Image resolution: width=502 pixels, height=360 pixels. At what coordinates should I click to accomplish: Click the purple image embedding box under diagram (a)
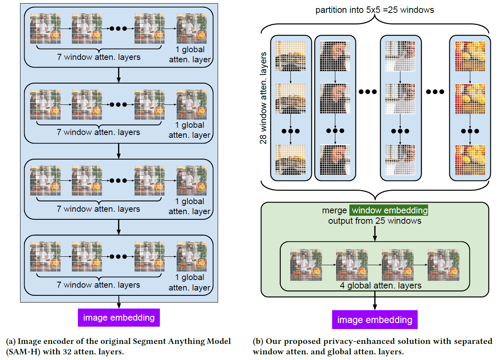coord(119,317)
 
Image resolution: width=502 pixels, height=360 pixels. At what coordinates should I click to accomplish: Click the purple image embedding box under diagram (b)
coord(374,320)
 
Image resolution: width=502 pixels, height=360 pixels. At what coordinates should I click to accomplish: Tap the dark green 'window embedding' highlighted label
coord(389,210)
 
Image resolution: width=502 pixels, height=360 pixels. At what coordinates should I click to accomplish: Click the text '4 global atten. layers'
coord(374,286)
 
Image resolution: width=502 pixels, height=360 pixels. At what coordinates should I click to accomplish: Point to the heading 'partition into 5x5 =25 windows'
coord(374,10)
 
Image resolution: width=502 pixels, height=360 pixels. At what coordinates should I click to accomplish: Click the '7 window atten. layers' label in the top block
coord(98,57)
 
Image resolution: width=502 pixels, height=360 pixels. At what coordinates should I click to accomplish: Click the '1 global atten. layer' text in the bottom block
coord(189,282)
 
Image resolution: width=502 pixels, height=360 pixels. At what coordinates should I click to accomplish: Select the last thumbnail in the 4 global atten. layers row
coord(443,264)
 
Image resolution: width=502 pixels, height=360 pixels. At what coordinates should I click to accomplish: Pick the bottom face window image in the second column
coord(335,160)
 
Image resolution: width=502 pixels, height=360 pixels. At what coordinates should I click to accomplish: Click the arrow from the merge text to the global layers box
coord(374,233)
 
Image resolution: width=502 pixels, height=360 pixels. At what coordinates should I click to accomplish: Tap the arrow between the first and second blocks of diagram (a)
coord(119,75)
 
